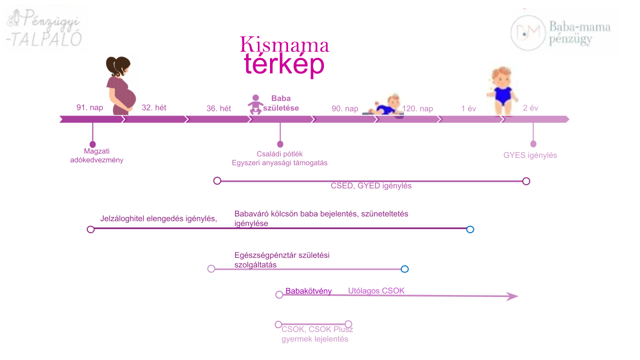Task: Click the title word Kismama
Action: pos(284,45)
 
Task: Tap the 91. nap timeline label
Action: pos(89,107)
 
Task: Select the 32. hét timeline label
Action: pos(154,107)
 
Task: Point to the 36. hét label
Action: pos(218,108)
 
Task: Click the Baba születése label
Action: pos(281,102)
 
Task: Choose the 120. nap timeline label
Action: pos(418,109)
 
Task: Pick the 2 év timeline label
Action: pos(530,108)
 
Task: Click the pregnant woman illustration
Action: pos(120,85)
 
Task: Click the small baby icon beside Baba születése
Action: pos(255,104)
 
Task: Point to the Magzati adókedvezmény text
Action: pos(96,155)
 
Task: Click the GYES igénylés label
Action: pos(530,155)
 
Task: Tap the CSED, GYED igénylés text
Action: pos(371,185)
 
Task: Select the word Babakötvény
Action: pos(308,291)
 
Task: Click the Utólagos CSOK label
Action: pos(376,291)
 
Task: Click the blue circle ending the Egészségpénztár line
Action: pos(404,269)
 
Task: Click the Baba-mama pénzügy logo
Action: pos(562,32)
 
